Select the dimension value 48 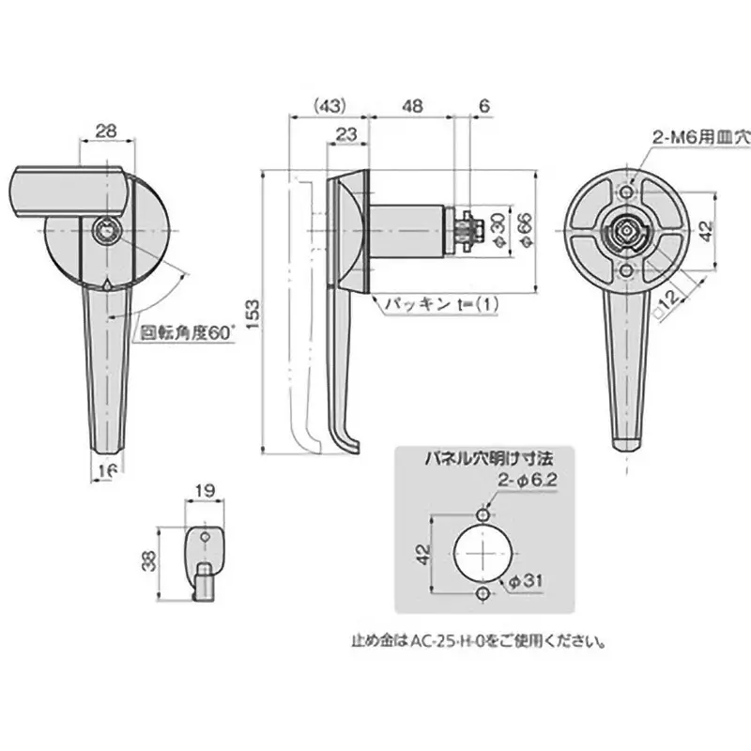410,105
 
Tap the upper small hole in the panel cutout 482,515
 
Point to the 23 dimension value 345,134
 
